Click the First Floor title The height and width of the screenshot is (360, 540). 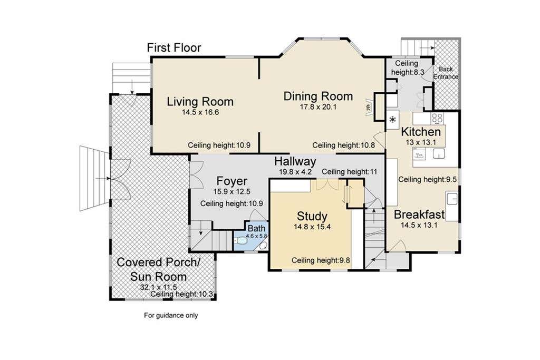click(x=174, y=47)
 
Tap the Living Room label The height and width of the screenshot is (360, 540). click(x=200, y=102)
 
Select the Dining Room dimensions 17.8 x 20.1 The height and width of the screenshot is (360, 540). click(x=318, y=106)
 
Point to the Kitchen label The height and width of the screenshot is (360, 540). click(x=421, y=131)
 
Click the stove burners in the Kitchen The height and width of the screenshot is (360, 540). click(x=437, y=118)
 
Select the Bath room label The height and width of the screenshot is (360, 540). click(x=257, y=228)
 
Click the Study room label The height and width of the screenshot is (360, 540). click(x=312, y=216)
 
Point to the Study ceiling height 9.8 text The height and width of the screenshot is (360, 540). click(x=321, y=260)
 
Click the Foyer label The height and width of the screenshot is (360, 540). click(x=232, y=181)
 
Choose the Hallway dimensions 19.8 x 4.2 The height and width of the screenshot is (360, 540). click(x=295, y=171)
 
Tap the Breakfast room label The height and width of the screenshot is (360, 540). click(x=419, y=215)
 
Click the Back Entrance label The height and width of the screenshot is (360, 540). click(x=446, y=73)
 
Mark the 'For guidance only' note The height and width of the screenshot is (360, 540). click(x=171, y=315)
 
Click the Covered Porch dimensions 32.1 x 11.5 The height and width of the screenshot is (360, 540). click(x=158, y=287)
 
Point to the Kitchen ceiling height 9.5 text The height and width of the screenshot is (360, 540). click(x=427, y=179)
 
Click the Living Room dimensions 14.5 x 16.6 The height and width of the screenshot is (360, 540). click(x=200, y=112)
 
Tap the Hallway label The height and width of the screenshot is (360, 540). click(x=295, y=161)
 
